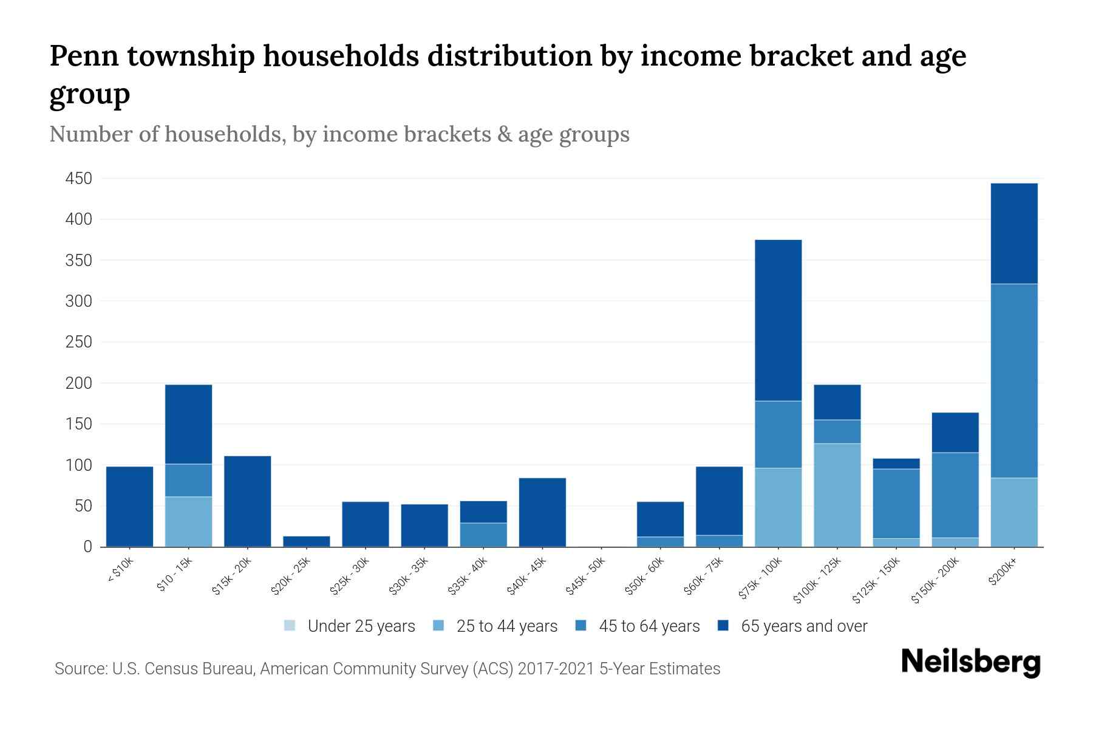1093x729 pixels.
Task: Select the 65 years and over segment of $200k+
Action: [1013, 233]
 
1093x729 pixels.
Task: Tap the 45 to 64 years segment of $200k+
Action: [1013, 380]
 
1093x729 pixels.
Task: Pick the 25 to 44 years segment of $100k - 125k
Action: [837, 495]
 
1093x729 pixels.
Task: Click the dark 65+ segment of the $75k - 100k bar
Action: [778, 320]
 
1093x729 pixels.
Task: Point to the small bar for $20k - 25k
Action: [306, 541]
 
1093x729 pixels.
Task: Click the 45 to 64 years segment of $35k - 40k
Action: [483, 535]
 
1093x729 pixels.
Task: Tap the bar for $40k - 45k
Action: [542, 512]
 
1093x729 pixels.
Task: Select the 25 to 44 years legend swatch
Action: [438, 626]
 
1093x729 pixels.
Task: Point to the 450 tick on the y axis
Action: [78, 179]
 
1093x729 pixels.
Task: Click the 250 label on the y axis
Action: [78, 342]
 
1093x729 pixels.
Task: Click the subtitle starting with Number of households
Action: [339, 134]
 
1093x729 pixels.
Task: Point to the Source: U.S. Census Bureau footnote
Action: [387, 669]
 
